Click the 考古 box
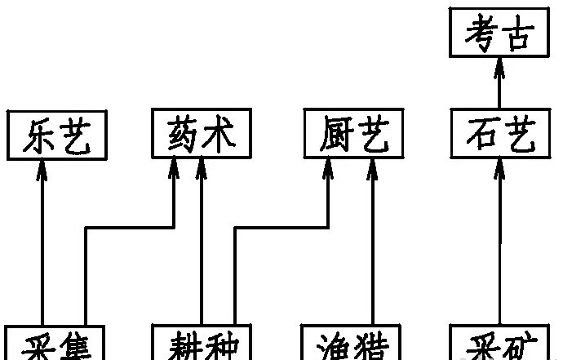pyautogui.click(x=499, y=36)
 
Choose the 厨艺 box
pyautogui.click(x=352, y=135)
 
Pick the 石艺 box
pyautogui.click(x=499, y=135)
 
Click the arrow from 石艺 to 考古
pyautogui.click(x=499, y=86)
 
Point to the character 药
pyautogui.click(x=184, y=135)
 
